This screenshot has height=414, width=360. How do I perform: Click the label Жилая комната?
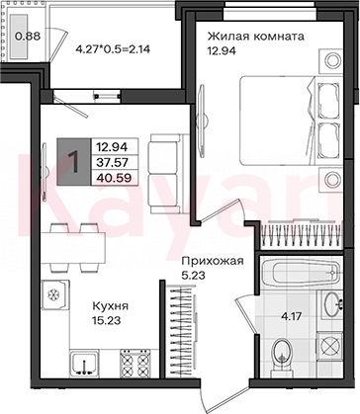point(255,37)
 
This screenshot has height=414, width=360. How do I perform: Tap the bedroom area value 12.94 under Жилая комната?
point(222,50)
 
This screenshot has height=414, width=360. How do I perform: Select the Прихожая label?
point(213,261)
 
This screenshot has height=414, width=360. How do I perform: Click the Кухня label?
point(110,306)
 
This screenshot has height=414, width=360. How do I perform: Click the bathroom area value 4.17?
point(291,317)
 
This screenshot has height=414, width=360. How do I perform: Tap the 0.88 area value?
point(28,36)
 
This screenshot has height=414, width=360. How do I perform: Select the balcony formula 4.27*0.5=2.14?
point(113,49)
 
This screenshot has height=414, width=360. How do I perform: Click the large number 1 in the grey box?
point(73,162)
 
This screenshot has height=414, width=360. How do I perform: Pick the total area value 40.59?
point(114,178)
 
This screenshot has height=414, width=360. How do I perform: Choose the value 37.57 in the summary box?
point(113,162)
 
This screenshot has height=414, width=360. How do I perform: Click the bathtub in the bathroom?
point(301,272)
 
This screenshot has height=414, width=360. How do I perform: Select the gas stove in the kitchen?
point(135,364)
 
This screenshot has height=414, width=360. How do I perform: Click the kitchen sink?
point(84,364)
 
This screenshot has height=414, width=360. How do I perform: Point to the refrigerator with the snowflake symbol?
point(55,294)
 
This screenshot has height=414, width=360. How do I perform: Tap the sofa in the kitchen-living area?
point(169,174)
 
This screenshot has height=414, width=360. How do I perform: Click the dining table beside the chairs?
point(73,247)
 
